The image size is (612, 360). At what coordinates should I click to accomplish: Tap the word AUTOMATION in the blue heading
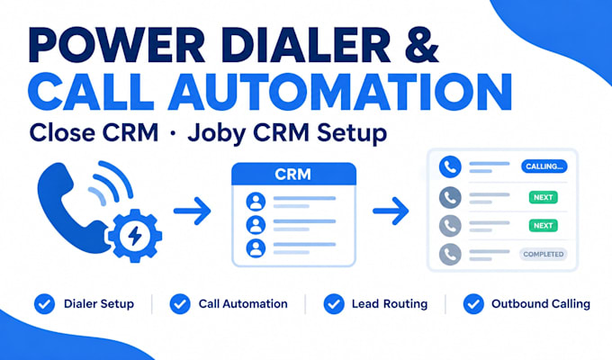pos(339,92)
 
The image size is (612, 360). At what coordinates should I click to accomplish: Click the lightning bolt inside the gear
pos(135,235)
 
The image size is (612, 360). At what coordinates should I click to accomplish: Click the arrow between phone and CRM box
pos(193,211)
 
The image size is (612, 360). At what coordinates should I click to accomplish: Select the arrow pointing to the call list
pos(391,211)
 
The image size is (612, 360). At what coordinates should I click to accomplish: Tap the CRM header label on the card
pos(293,174)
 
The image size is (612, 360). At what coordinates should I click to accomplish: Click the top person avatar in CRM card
pos(256,202)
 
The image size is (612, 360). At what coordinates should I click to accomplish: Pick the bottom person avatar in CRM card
pos(256,247)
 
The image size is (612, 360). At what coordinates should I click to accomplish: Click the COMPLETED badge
pos(544,254)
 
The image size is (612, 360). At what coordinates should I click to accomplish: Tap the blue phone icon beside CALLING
pos(450,166)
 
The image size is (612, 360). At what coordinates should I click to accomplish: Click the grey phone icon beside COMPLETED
pos(450,254)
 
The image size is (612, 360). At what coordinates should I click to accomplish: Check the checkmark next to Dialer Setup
pos(44,304)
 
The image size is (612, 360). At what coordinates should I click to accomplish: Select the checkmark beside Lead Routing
pos(334,304)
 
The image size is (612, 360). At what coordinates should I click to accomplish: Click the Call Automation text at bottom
pos(243,304)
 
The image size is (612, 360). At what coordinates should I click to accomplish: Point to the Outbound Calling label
pos(541,304)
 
